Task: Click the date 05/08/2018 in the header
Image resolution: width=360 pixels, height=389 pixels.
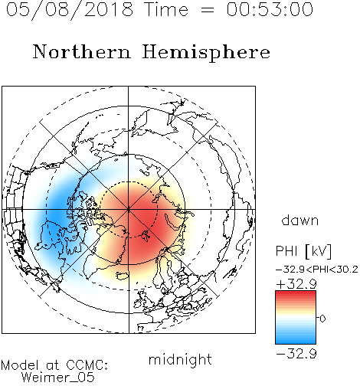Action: [70, 9]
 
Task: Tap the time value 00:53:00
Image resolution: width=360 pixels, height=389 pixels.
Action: [270, 9]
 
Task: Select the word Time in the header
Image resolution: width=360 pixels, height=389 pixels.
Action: [166, 9]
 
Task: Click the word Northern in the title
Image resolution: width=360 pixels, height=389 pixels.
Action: [82, 51]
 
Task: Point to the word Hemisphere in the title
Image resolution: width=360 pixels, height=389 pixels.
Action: [206, 53]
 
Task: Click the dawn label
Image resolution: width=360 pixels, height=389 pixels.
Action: [299, 220]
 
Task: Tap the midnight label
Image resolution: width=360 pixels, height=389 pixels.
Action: [180, 359]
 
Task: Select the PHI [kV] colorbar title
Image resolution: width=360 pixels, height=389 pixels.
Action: [303, 251]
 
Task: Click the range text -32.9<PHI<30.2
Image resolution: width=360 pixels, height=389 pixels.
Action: [317, 270]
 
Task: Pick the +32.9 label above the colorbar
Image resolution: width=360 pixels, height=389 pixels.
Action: [296, 284]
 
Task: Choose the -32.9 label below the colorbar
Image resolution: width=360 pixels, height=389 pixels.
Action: [296, 354]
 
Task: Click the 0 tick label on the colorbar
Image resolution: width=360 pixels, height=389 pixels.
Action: [322, 319]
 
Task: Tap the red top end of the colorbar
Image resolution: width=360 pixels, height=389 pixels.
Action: [296, 293]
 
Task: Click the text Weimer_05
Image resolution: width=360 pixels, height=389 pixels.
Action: [58, 378]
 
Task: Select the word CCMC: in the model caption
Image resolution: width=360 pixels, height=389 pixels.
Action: [87, 365]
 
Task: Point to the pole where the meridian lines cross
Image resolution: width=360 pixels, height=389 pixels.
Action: [129, 209]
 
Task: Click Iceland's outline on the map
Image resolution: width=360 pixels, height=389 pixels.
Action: [123, 276]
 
